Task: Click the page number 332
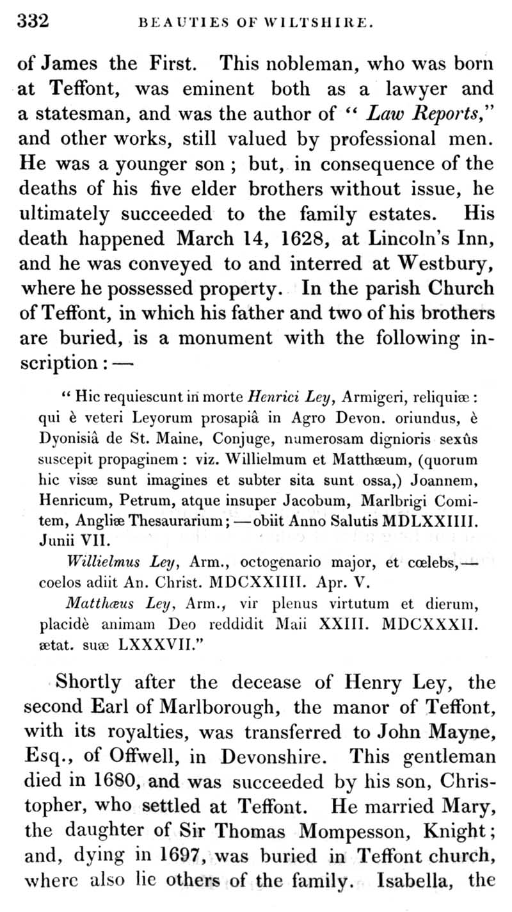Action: (x=33, y=21)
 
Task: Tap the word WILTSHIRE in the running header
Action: (x=318, y=22)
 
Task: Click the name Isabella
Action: (x=420, y=881)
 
